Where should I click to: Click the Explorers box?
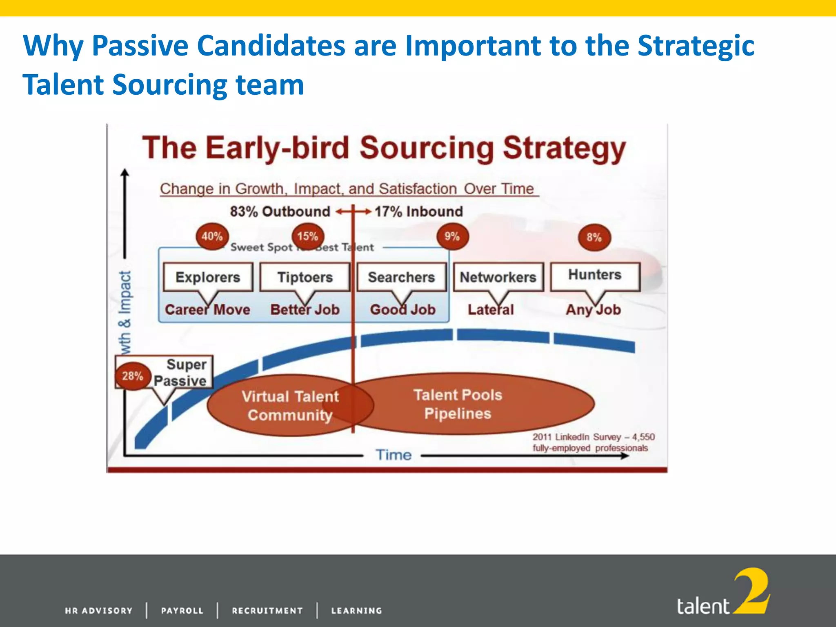208,277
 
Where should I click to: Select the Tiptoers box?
305,277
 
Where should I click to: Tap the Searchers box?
402,277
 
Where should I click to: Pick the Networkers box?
498,277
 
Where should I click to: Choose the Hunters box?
595,275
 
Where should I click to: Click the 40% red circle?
212,236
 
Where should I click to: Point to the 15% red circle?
307,236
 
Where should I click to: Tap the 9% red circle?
452,236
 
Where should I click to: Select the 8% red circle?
594,238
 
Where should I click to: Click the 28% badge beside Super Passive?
132,376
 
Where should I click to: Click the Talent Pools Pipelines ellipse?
469,404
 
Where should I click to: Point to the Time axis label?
394,455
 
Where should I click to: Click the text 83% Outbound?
280,211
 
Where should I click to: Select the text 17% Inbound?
419,211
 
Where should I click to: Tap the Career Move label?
207,310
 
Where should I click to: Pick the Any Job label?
593,310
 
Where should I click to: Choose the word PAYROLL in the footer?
182,611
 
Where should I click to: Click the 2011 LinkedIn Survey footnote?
593,442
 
